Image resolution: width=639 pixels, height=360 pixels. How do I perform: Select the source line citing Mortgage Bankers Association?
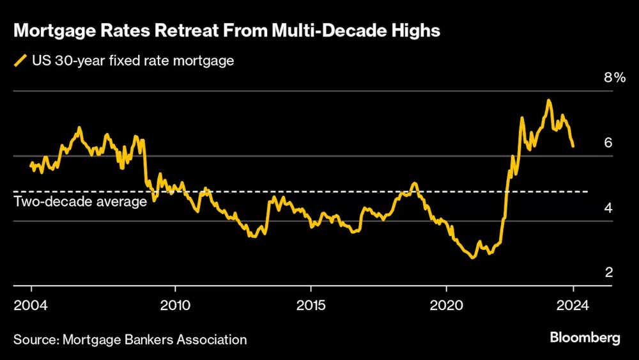pyautogui.click(x=130, y=340)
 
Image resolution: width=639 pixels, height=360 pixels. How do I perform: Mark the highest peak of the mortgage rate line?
pyautogui.click(x=548, y=100)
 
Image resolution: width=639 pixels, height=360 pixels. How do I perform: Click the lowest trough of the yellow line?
pyautogui.click(x=473, y=257)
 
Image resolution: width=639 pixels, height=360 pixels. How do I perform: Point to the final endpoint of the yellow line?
pyautogui.click(x=573, y=146)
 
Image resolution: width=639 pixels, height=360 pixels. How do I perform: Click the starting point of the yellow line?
pyautogui.click(x=31, y=164)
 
